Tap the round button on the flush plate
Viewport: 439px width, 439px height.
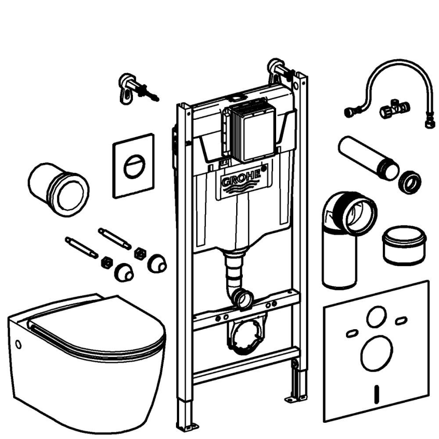point(134,166)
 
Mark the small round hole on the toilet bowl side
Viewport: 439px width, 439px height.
point(18,345)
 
